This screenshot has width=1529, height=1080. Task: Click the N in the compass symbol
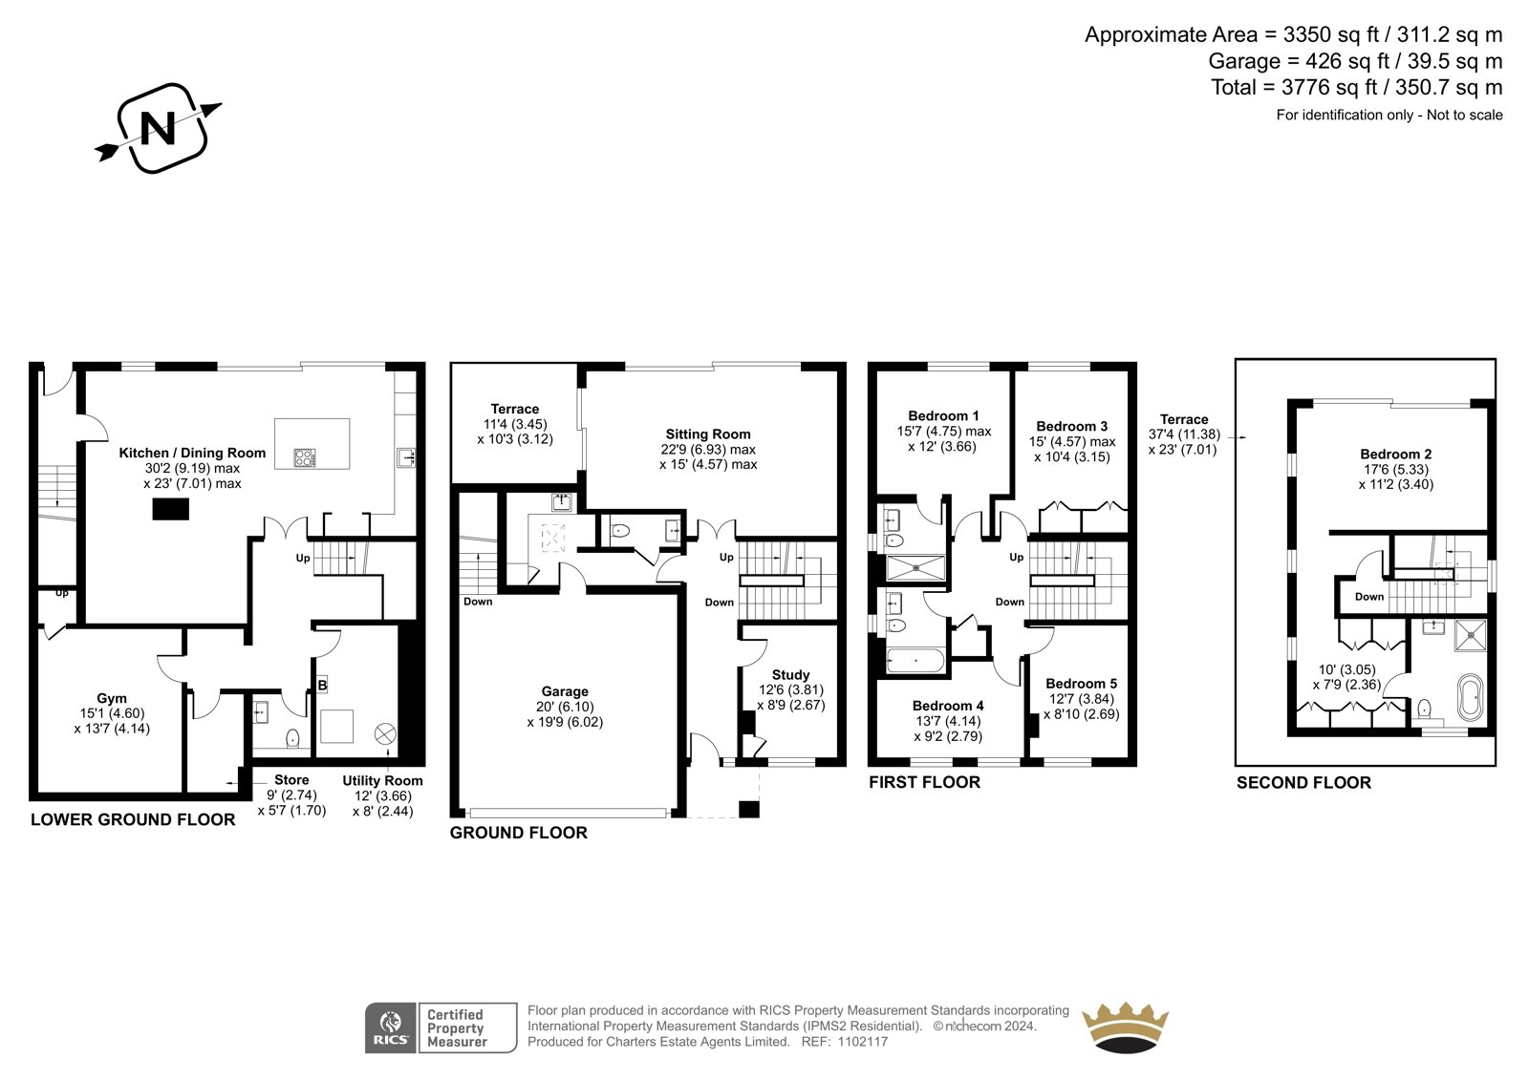coord(158,128)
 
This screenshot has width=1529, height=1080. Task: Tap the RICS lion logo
coord(391,1027)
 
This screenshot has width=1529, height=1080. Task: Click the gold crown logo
coord(1125,1027)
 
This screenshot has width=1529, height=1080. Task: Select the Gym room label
coord(111,698)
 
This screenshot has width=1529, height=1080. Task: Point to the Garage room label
coord(565,691)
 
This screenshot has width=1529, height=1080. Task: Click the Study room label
coord(790,675)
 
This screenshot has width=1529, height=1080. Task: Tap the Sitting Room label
coord(708,434)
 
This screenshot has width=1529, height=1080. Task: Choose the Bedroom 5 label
coord(1081,683)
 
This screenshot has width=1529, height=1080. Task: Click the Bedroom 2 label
coord(1396,454)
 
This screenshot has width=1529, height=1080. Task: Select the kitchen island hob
coord(305,457)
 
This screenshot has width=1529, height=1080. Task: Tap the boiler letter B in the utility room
coord(322,685)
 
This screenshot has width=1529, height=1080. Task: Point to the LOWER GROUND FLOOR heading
coord(133,819)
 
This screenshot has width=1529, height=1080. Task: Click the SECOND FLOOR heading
coord(1303,782)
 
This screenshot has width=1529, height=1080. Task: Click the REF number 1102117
coord(864,1042)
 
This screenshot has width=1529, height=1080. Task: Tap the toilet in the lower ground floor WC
coord(292,737)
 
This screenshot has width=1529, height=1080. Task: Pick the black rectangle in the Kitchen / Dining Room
coord(171,509)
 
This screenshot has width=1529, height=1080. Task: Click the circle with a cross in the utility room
coord(385,734)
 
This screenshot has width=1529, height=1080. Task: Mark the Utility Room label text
coord(382,780)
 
